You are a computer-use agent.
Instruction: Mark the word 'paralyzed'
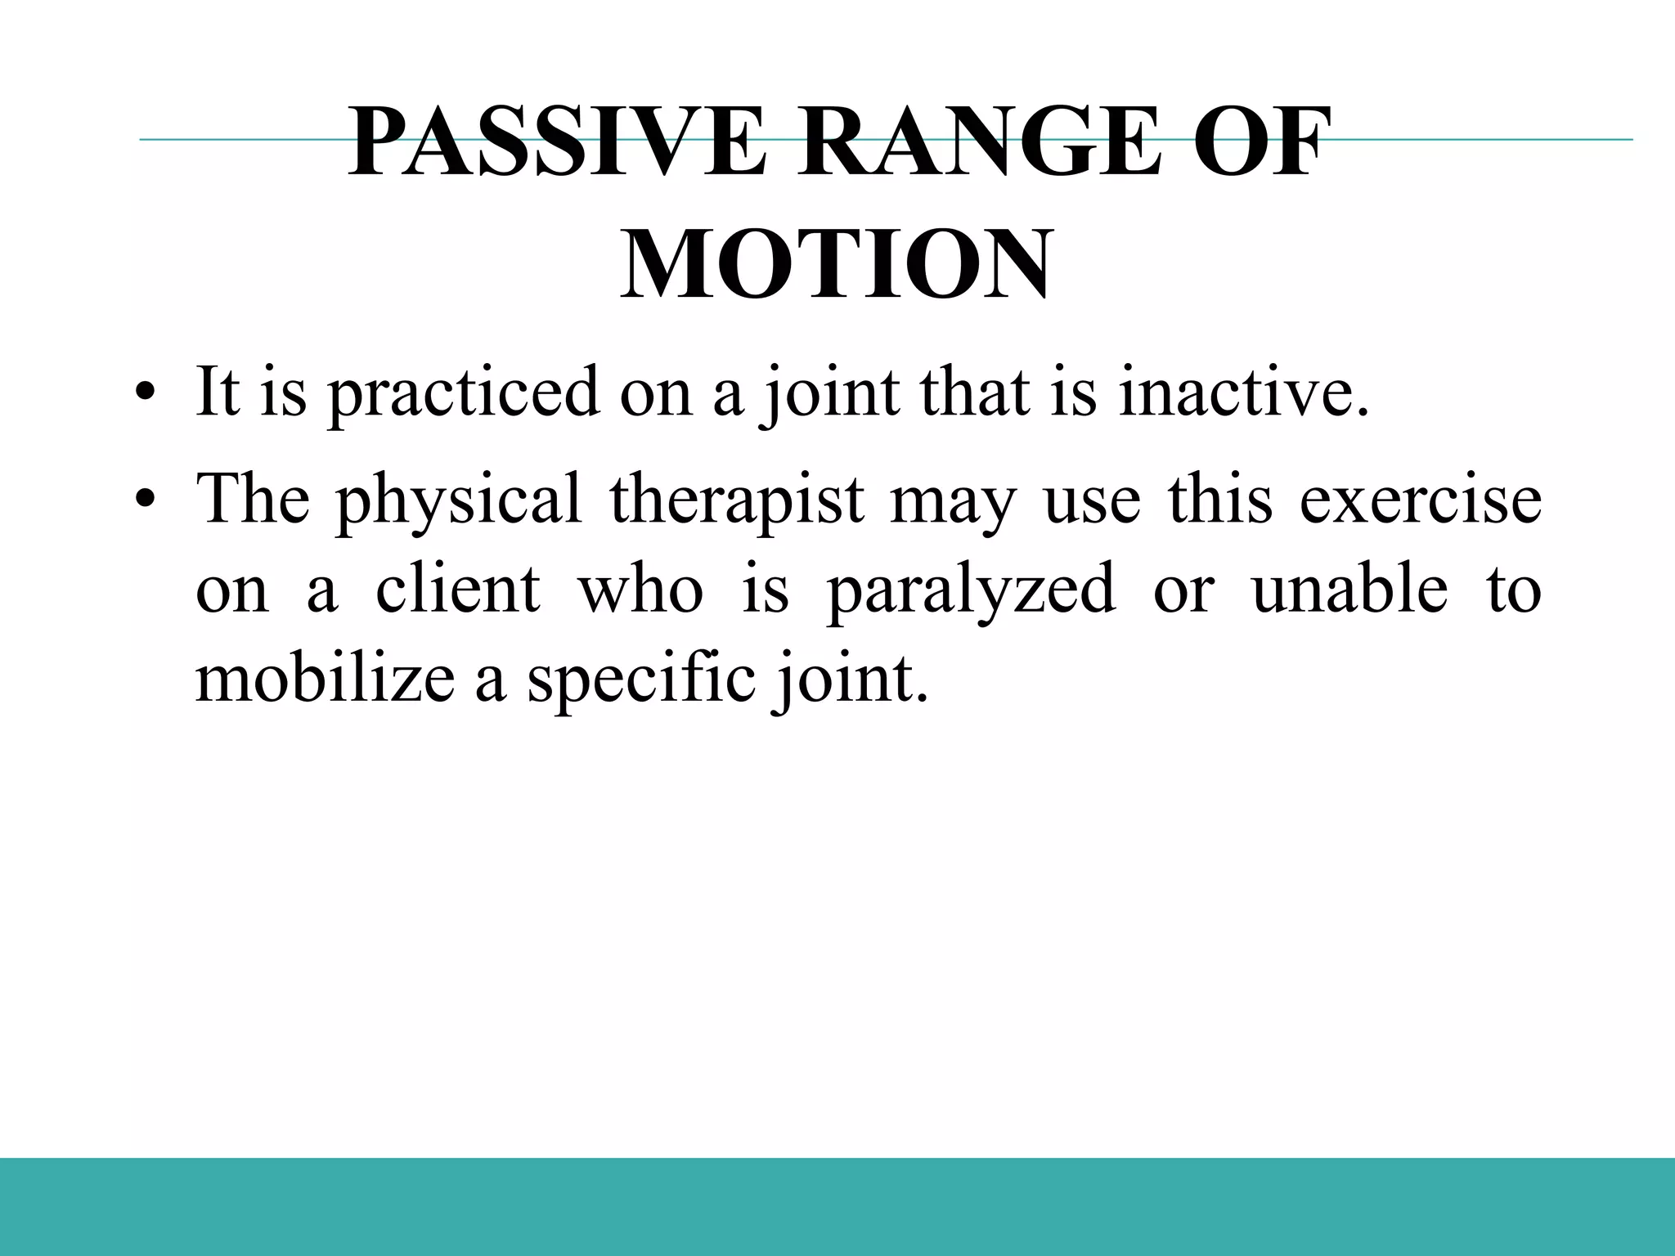point(971,590)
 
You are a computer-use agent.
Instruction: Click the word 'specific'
point(641,680)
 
